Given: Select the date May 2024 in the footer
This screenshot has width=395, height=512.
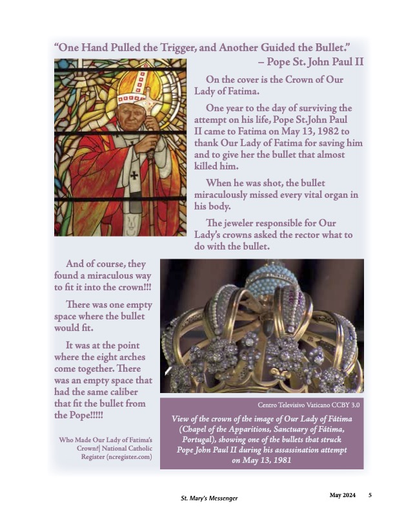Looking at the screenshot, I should click(x=342, y=495).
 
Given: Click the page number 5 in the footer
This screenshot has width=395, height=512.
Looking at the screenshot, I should click(x=370, y=495).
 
